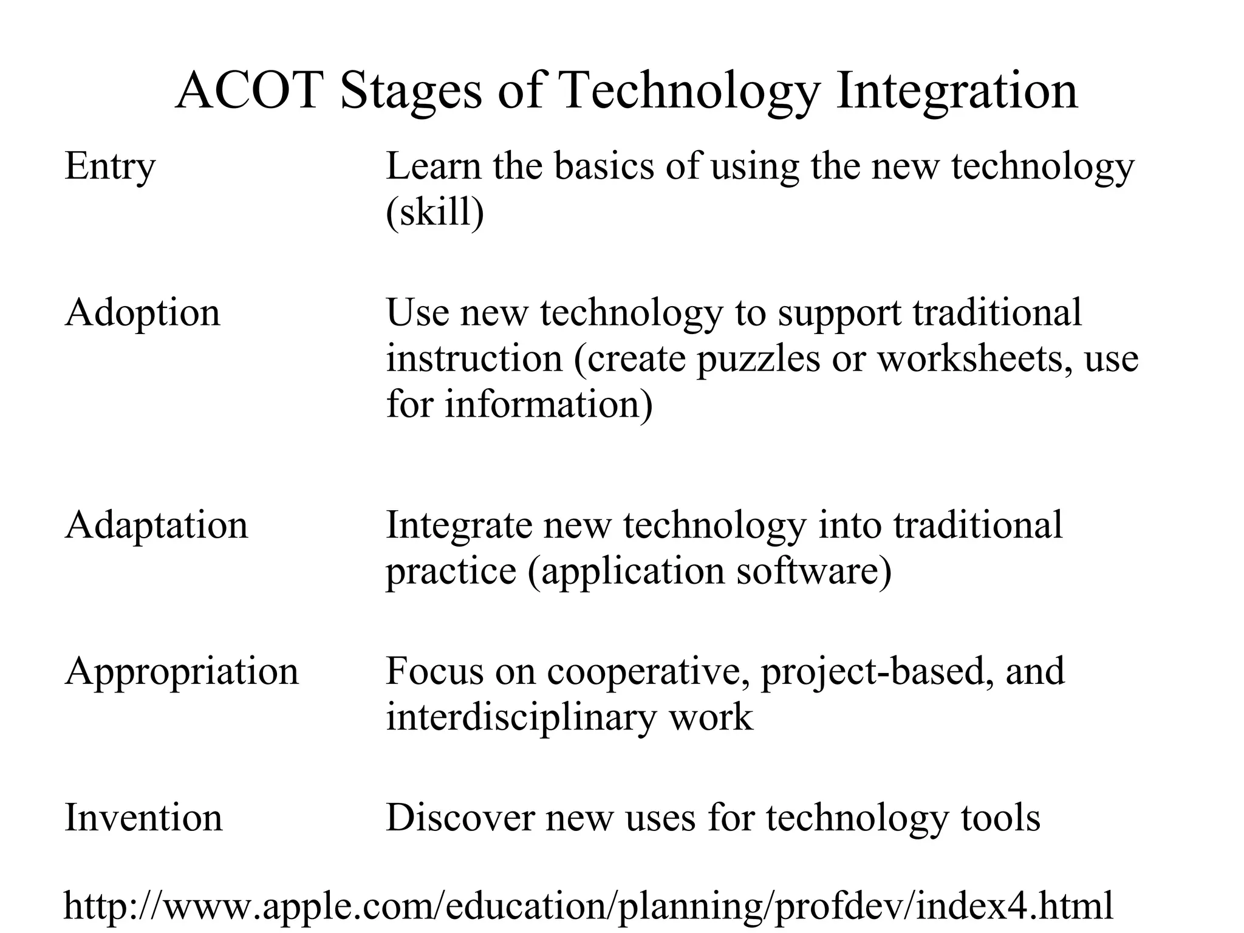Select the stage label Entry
[110, 167]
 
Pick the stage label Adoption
[143, 314]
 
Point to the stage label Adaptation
[157, 526]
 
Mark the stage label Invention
[144, 818]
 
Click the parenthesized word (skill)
[435, 213]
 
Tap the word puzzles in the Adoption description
[758, 360]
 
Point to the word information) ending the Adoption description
[549, 405]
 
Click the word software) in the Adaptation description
[814, 572]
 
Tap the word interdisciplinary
[522, 717]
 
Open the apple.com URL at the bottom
[589, 906]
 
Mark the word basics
[604, 166]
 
